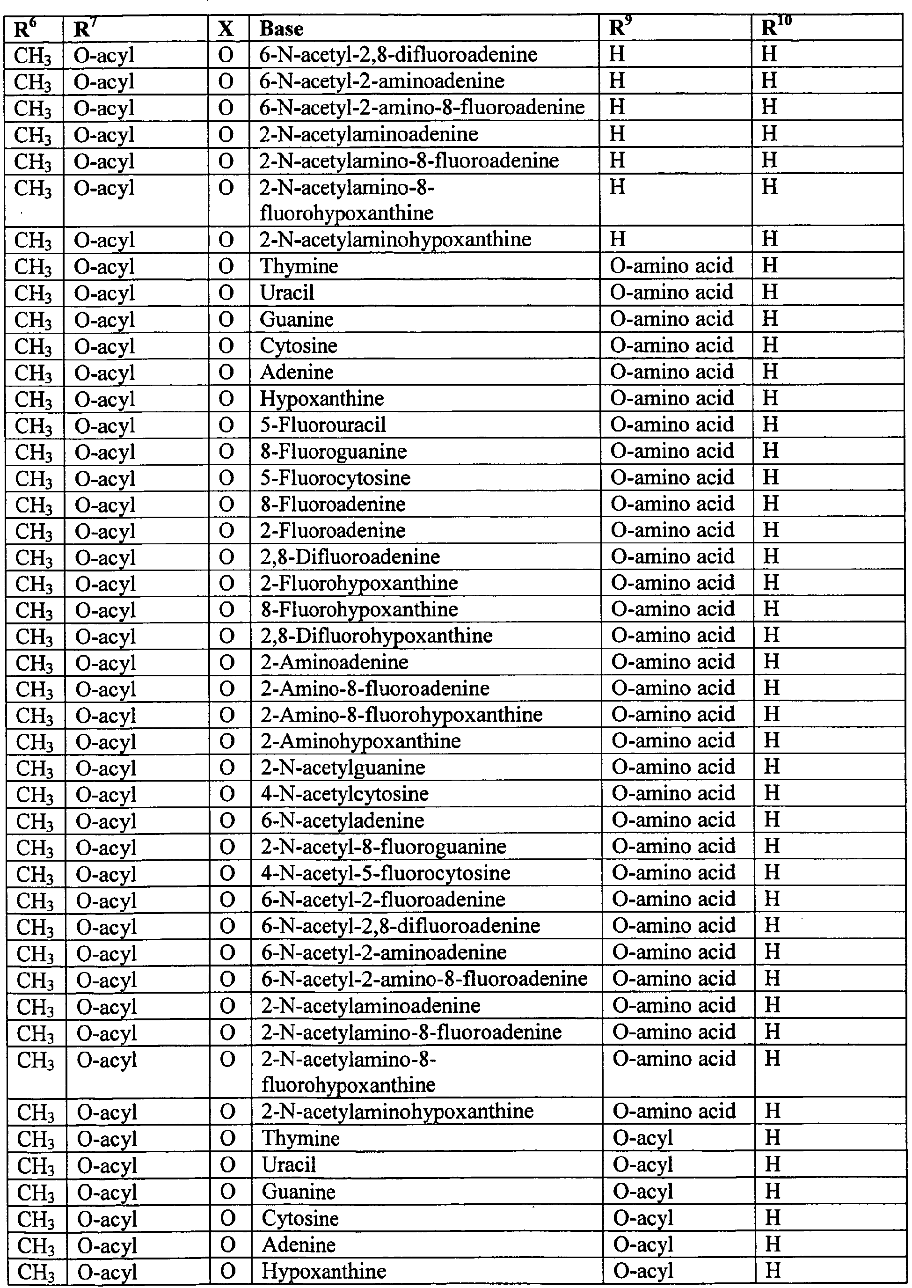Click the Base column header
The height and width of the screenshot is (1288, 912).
pos(281,29)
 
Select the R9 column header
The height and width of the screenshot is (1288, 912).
pos(618,29)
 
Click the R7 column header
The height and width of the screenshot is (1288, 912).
pos(82,29)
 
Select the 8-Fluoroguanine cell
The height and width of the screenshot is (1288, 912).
pos(334,452)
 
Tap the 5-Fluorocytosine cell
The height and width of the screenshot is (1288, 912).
pos(335,478)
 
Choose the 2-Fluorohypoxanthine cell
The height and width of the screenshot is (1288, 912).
pos(359,583)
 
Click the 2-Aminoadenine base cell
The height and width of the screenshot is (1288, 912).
pos(334,662)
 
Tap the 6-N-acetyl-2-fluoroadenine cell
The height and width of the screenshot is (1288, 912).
pos(383,899)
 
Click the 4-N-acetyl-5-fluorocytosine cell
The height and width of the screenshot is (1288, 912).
pos(386,873)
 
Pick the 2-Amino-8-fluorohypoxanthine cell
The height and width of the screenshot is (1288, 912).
pos(401,715)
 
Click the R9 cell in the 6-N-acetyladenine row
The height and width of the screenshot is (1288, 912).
pos(673,820)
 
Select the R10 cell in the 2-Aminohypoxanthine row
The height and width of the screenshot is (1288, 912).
pos(772,741)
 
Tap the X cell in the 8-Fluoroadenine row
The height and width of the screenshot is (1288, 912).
pos(226,505)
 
